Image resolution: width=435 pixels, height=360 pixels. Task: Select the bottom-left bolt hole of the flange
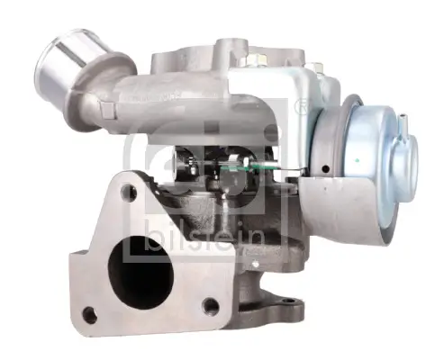click(89, 315)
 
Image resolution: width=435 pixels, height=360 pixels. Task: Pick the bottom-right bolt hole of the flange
click(211, 306)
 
